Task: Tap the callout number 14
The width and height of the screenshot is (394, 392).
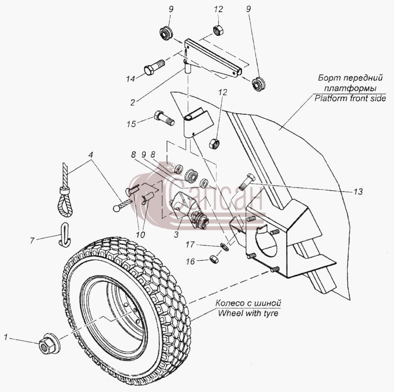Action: click(x=131, y=79)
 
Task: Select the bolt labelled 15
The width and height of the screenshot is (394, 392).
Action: click(x=164, y=118)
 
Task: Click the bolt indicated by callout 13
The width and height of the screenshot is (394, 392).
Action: click(x=246, y=182)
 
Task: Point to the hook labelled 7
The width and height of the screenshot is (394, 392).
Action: click(x=64, y=234)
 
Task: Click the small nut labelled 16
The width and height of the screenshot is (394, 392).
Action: click(x=214, y=259)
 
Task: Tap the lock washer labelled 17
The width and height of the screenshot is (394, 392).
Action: click(x=224, y=247)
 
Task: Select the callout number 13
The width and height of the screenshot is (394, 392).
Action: click(x=358, y=192)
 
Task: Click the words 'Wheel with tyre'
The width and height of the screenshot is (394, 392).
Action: click(x=248, y=313)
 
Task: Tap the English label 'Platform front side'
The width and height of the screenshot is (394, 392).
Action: click(x=350, y=98)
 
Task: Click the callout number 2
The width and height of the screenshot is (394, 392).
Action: click(x=132, y=102)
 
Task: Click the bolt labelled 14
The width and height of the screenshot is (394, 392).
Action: click(x=154, y=67)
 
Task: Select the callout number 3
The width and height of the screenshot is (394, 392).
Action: click(x=176, y=234)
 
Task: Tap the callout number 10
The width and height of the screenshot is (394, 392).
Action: click(x=140, y=235)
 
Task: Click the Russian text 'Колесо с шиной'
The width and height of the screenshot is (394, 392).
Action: click(x=248, y=303)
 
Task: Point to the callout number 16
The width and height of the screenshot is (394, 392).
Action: click(x=190, y=261)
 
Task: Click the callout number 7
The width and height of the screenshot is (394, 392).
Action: click(x=32, y=241)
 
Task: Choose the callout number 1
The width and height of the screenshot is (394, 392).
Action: click(x=6, y=337)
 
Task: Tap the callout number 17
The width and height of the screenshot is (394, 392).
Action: click(x=190, y=244)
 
